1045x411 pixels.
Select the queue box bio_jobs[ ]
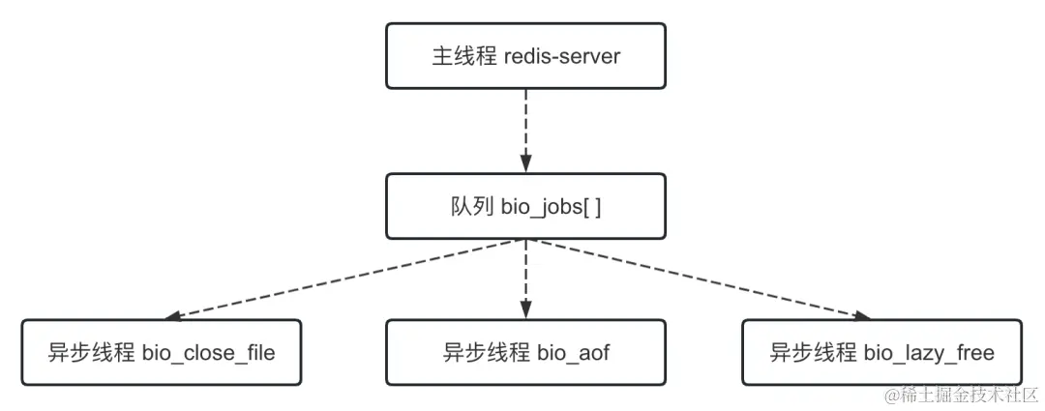525,206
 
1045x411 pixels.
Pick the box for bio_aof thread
525,352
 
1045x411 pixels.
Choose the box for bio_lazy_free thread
881,352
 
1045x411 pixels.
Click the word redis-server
562,56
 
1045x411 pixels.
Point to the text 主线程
463,56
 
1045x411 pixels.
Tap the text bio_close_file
208,353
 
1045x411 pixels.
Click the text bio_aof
573,353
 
